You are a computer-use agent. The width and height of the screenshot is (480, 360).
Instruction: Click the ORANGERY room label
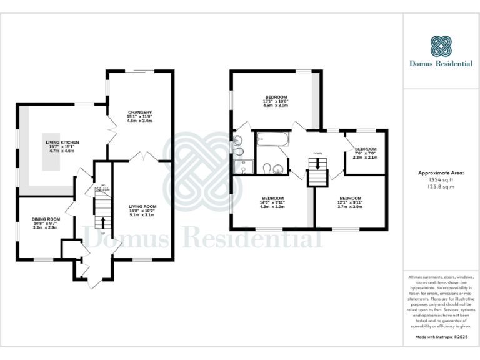click(x=139, y=112)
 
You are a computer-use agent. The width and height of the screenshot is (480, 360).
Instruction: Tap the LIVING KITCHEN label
click(x=62, y=142)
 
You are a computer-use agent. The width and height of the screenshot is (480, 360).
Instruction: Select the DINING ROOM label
click(x=45, y=219)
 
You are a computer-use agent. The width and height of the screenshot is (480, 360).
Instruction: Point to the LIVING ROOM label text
click(x=142, y=206)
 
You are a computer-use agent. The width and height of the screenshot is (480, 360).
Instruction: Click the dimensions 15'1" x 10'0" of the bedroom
click(x=276, y=101)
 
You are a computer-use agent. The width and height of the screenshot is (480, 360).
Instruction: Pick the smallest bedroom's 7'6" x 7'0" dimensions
click(x=366, y=153)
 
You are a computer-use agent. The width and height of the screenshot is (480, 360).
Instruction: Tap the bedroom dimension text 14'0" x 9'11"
click(x=272, y=202)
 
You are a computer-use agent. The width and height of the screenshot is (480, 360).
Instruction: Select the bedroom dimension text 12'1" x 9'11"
click(x=350, y=202)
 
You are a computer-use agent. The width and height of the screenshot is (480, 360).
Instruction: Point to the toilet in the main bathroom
click(x=267, y=167)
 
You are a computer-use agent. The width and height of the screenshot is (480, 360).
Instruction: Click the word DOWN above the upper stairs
click(x=317, y=152)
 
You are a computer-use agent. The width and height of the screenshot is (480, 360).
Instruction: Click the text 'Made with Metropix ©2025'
click(x=441, y=337)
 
